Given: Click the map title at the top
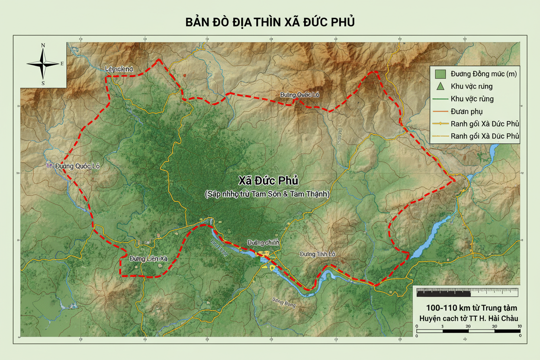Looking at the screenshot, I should (270, 22).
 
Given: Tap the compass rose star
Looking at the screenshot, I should (43, 64).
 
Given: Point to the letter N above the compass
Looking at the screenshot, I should (43, 45).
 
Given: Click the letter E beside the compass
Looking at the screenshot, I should (62, 64).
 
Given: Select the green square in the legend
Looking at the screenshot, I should (440, 74).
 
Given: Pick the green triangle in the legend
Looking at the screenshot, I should (440, 86).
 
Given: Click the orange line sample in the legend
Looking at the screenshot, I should (440, 112).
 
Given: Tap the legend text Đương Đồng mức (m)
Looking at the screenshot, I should (483, 74).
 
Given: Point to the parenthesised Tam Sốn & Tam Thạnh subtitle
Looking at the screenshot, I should (267, 194).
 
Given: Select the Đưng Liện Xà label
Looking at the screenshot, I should (148, 258).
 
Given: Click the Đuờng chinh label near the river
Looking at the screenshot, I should (263, 242).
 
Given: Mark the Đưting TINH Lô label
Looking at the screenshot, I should (317, 254).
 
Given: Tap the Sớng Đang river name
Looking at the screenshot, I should (283, 302).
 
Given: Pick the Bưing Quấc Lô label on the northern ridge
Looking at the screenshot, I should (299, 95).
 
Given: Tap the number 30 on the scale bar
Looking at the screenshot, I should (494, 326).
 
